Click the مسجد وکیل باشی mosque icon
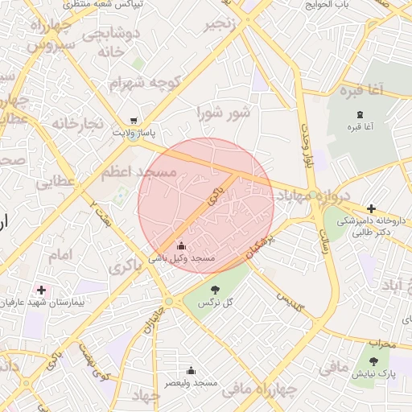(x=180, y=245)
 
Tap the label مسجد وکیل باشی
(x=182, y=258)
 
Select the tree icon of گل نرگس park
(x=214, y=290)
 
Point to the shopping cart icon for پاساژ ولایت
(x=133, y=119)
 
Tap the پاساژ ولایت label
(x=133, y=131)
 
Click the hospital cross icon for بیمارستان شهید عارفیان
(x=41, y=290)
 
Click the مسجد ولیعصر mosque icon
(x=191, y=371)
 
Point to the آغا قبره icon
(x=360, y=115)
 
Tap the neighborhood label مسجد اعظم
(x=138, y=172)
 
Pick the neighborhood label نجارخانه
(x=78, y=123)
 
